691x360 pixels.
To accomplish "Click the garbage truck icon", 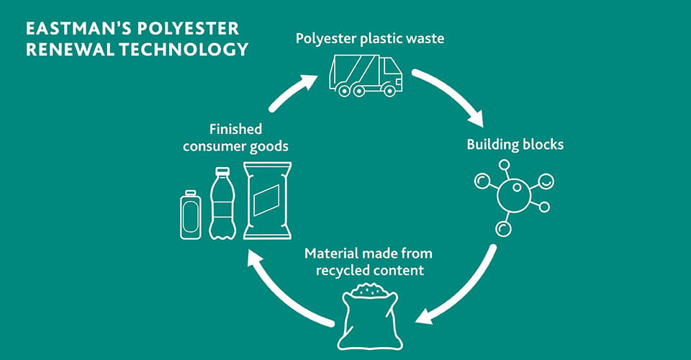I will [366, 75].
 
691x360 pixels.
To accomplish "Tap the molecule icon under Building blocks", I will [513, 194].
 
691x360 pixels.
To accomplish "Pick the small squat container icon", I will [190, 215].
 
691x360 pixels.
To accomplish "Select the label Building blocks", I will [515, 144].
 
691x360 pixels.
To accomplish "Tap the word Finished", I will [235, 130].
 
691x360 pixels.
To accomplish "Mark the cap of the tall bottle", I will [222, 171].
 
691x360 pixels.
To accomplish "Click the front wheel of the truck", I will [389, 91].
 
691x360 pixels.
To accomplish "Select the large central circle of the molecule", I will [514, 194].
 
